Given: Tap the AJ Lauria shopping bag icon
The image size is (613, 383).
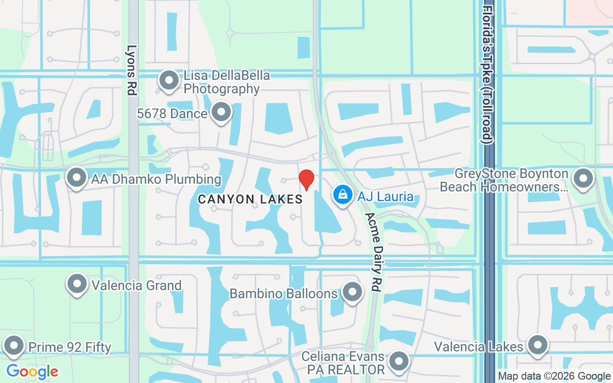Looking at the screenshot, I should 343,195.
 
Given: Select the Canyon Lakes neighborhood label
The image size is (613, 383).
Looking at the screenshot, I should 250,199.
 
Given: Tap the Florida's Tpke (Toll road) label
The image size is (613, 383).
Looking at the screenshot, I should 488,75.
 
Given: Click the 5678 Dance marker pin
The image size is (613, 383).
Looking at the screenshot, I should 221,113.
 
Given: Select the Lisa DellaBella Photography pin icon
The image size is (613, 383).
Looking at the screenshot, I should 169,81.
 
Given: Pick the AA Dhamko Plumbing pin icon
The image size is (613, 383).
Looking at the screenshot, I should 77,179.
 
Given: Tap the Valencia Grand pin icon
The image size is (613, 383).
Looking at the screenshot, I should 78,284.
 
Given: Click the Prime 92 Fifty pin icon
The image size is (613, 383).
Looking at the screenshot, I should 14,346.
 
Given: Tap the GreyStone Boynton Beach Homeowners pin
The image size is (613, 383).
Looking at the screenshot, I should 583,180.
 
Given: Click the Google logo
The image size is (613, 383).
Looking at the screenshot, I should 32,371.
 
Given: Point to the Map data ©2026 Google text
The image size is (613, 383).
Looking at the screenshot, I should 554,376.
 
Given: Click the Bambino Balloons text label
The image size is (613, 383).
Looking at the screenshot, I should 284,293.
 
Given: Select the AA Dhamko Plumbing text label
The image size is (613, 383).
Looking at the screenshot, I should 156,180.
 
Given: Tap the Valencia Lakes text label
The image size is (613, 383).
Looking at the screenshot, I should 478,346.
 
